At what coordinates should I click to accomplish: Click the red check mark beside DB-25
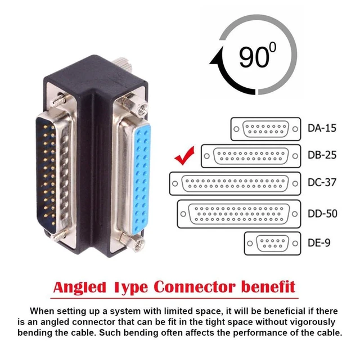pyautogui.click(x=184, y=157)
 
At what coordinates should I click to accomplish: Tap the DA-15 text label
pyautogui.click(x=322, y=128)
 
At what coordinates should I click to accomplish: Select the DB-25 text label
pyautogui.click(x=322, y=155)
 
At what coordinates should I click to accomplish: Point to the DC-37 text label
pyautogui.click(x=322, y=182)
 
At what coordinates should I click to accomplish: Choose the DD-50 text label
pyautogui.click(x=322, y=214)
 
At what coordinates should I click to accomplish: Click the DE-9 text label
pyautogui.click(x=319, y=242)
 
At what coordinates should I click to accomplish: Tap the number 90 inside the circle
pyautogui.click(x=254, y=56)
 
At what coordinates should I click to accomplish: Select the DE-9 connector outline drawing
pyautogui.click(x=272, y=244)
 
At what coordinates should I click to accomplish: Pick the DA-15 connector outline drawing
pyautogui.click(x=265, y=129)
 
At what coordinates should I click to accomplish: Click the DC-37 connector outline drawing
pyautogui.click(x=235, y=184)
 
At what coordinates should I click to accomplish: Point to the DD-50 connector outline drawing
pyautogui.click(x=238, y=214)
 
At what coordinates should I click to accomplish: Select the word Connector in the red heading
pyautogui.click(x=195, y=287)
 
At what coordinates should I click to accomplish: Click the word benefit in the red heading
pyautogui.click(x=268, y=287)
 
